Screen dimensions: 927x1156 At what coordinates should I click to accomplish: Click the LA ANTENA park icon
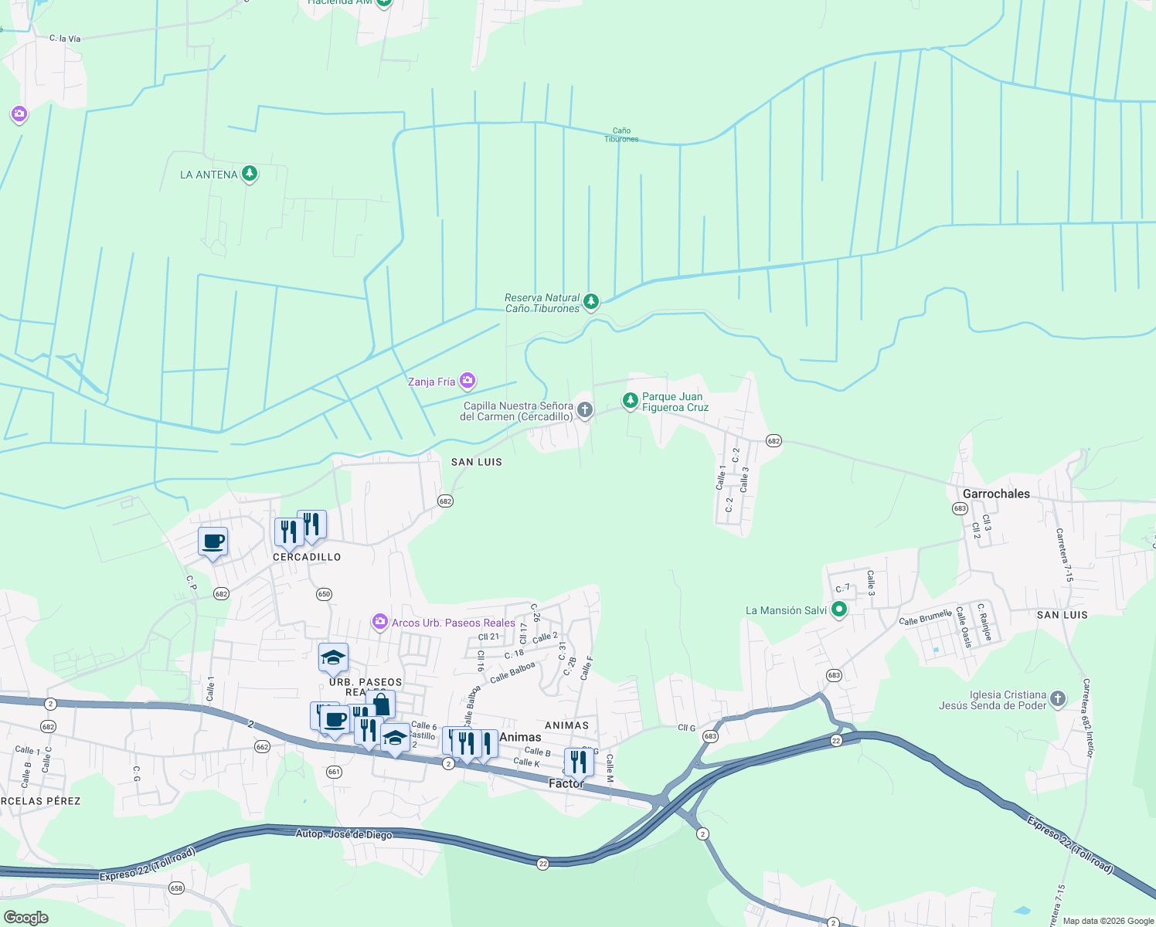click(249, 173)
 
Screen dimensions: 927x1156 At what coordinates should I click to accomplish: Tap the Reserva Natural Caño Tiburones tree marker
click(591, 301)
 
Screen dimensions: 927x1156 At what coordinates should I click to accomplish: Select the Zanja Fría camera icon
click(467, 380)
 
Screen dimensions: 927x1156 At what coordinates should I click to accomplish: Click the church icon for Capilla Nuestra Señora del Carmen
click(585, 409)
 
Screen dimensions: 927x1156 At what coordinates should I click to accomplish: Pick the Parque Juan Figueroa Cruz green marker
click(631, 400)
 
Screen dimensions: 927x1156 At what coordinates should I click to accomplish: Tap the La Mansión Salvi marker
click(839, 610)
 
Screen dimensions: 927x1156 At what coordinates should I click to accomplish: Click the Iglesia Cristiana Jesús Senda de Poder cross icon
click(1058, 698)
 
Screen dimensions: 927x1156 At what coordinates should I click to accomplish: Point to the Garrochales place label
click(996, 494)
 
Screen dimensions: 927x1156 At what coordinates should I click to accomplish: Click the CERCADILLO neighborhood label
click(307, 557)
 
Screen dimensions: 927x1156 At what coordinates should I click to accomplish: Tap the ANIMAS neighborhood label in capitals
click(566, 725)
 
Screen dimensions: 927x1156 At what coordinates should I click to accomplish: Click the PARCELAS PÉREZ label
click(40, 801)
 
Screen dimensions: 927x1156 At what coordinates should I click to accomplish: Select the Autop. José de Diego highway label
click(344, 834)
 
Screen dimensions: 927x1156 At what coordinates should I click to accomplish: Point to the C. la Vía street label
click(65, 39)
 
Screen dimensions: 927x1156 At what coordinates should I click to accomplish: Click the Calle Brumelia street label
click(925, 617)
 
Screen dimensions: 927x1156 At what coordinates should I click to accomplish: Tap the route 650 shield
click(324, 594)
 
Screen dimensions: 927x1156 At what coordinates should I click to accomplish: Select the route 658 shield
click(176, 888)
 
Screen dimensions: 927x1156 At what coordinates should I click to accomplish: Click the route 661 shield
click(334, 772)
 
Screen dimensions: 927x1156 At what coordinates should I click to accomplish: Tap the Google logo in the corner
click(26, 918)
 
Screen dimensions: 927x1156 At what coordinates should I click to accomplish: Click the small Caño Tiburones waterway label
click(621, 135)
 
